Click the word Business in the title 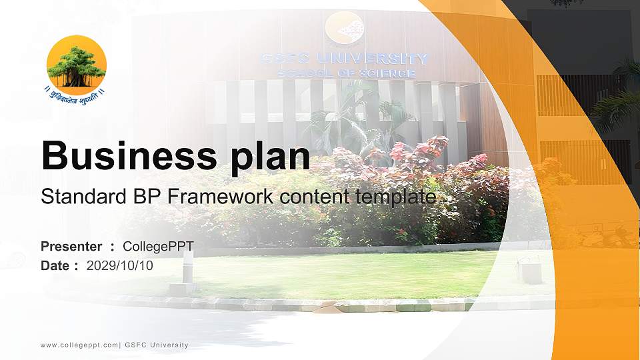125,157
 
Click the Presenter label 71,247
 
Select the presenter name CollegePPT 158,247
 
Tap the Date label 55,265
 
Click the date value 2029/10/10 120,265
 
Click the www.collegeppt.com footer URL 79,345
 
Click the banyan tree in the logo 76,67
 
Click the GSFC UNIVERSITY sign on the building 344,59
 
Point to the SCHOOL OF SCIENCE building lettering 346,73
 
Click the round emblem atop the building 344,29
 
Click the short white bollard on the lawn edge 187,267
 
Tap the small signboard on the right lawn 530,270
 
